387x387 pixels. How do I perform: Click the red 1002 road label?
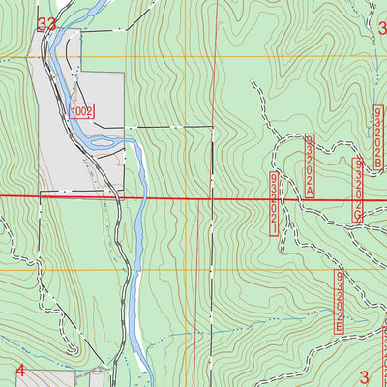coord(81,112)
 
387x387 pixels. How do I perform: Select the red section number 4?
coord(20,371)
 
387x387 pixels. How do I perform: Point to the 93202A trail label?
coord(310,166)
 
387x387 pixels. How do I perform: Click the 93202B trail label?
coord(377,134)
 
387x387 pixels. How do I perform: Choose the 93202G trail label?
coord(358,191)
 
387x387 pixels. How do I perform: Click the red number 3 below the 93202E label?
coord(365,376)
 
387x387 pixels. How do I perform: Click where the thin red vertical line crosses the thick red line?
coord(216,197)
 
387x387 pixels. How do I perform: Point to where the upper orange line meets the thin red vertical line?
coord(216,56)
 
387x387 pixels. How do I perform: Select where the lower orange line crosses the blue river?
coord(136,270)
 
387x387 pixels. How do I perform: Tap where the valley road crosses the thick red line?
coord(120,197)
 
